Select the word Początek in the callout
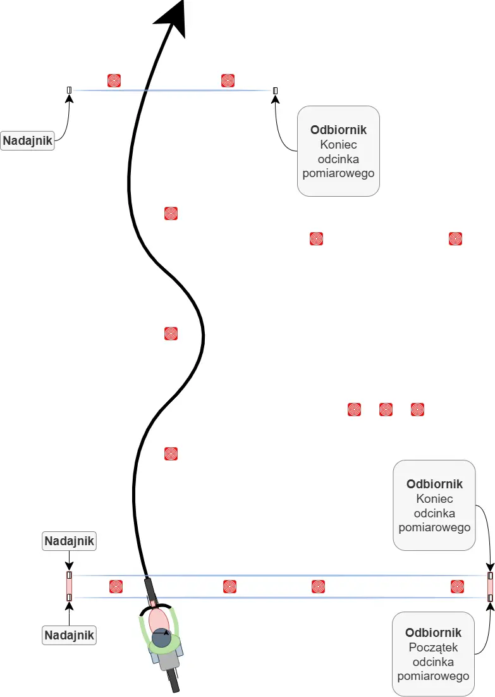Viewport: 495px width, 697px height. click(434, 647)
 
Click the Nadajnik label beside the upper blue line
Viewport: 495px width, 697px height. click(28, 140)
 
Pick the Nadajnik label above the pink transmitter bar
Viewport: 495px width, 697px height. click(69, 541)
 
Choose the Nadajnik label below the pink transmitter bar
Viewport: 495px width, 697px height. click(69, 634)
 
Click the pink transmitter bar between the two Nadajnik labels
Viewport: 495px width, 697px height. click(69, 587)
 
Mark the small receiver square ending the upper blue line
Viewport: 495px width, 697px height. click(275, 90)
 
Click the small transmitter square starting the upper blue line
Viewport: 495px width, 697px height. click(69, 90)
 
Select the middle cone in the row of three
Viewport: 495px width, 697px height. click(386, 409)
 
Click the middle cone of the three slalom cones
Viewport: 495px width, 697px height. click(171, 333)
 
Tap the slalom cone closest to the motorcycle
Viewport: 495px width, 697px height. click(171, 453)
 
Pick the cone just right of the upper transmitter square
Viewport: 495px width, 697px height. click(114, 80)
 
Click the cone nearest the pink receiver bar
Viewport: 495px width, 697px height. click(457, 586)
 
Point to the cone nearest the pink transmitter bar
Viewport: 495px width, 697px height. click(116, 586)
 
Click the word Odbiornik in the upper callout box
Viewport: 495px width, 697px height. click(338, 130)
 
